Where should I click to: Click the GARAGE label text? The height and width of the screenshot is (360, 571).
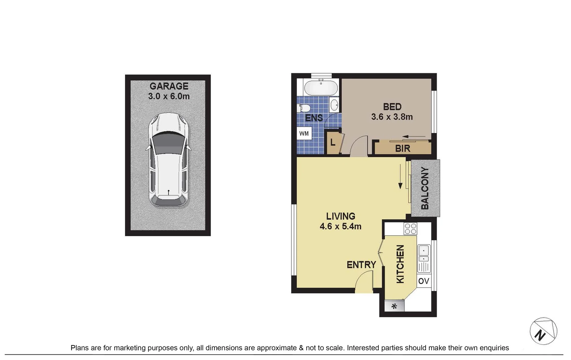pyautogui.click(x=169, y=86)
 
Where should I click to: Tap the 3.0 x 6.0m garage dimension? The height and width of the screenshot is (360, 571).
pyautogui.click(x=169, y=96)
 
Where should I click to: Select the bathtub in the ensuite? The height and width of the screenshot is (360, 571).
pyautogui.click(x=321, y=87)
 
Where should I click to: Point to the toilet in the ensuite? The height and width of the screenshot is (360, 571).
pyautogui.click(x=304, y=108)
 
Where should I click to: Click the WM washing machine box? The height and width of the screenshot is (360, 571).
pyautogui.click(x=304, y=133)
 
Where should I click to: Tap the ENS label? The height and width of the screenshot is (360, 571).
pyautogui.click(x=314, y=118)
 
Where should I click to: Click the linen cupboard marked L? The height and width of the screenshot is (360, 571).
pyautogui.click(x=333, y=143)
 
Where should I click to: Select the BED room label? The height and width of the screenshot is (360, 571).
pyautogui.click(x=392, y=107)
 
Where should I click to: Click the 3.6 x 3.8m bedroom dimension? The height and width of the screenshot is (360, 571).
pyautogui.click(x=392, y=117)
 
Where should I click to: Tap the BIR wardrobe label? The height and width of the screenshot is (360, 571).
pyautogui.click(x=403, y=148)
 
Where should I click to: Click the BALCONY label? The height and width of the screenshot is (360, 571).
pyautogui.click(x=425, y=188)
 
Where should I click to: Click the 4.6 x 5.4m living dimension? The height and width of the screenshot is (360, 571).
pyautogui.click(x=340, y=226)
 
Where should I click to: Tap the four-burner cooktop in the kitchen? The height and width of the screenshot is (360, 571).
pyautogui.click(x=410, y=229)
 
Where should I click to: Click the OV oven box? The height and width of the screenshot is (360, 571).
pyautogui.click(x=424, y=281)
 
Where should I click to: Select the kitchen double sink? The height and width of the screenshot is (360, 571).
pyautogui.click(x=424, y=254)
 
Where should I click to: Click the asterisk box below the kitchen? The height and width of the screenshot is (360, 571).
pyautogui.click(x=394, y=306)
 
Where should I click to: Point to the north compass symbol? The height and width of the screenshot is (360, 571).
pyautogui.click(x=543, y=331)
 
